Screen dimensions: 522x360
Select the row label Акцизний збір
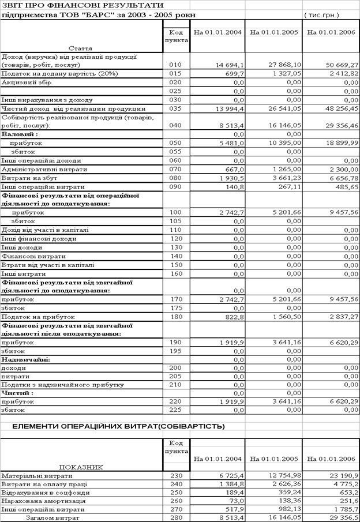click(27, 82)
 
